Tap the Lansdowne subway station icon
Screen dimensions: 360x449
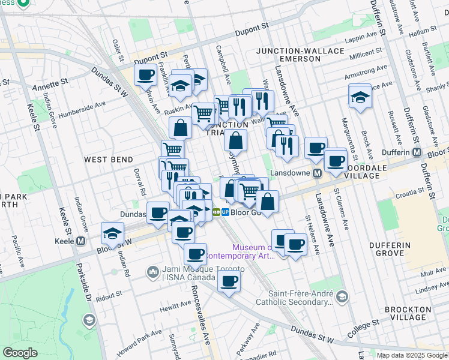319,173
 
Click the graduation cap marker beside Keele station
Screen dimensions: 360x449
112,232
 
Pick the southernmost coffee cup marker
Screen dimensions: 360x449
229,280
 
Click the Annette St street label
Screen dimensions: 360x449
55,88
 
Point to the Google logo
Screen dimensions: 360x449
20,353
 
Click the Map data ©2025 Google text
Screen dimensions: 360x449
411,355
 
